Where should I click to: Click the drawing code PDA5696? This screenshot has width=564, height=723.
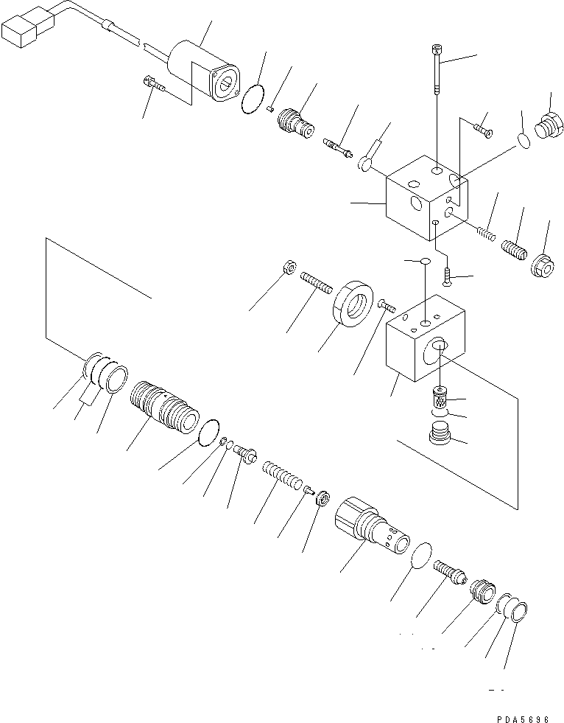pyautogui.click(x=524, y=713)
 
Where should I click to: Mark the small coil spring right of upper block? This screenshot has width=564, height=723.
pyautogui.click(x=485, y=232)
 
